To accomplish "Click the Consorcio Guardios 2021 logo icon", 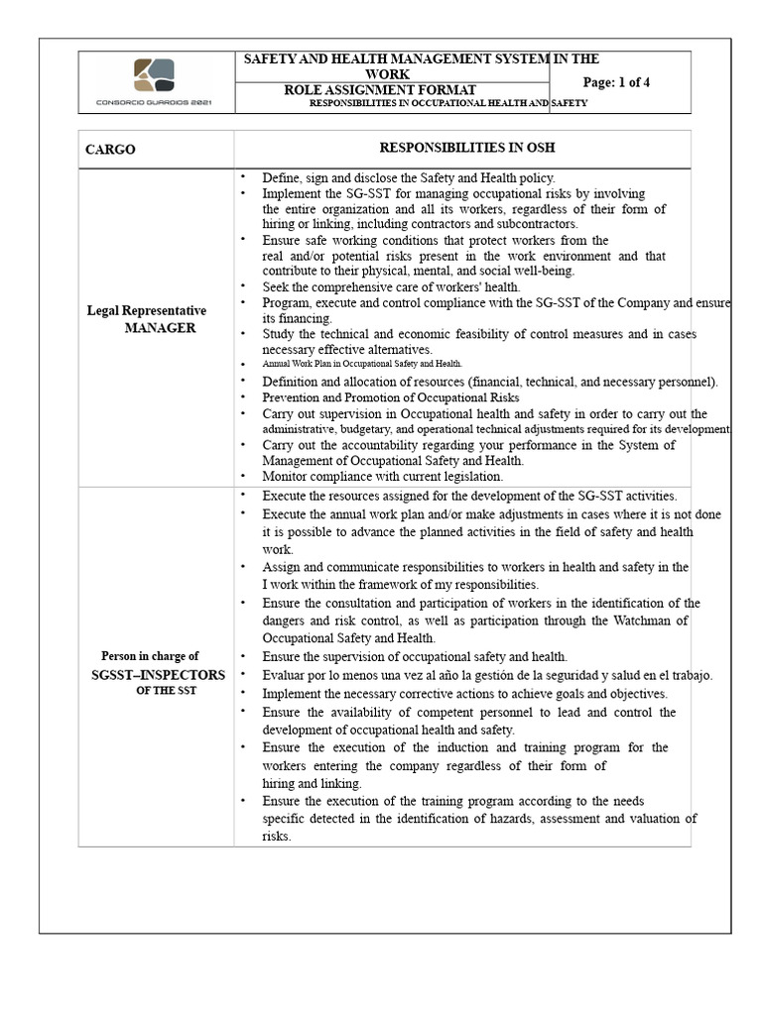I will click(154, 75).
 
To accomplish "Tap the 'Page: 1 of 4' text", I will click(616, 82).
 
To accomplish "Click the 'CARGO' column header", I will click(110, 150).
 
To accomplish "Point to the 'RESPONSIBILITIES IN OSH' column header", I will click(461, 149).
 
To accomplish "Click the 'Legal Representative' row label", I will click(147, 311).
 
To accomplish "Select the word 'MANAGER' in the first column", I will click(160, 327).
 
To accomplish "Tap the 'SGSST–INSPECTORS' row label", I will click(154, 674).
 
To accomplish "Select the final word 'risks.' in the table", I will click(277, 836).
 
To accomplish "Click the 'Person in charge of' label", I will click(150, 656).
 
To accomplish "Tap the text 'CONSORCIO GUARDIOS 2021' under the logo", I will click(154, 101).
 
